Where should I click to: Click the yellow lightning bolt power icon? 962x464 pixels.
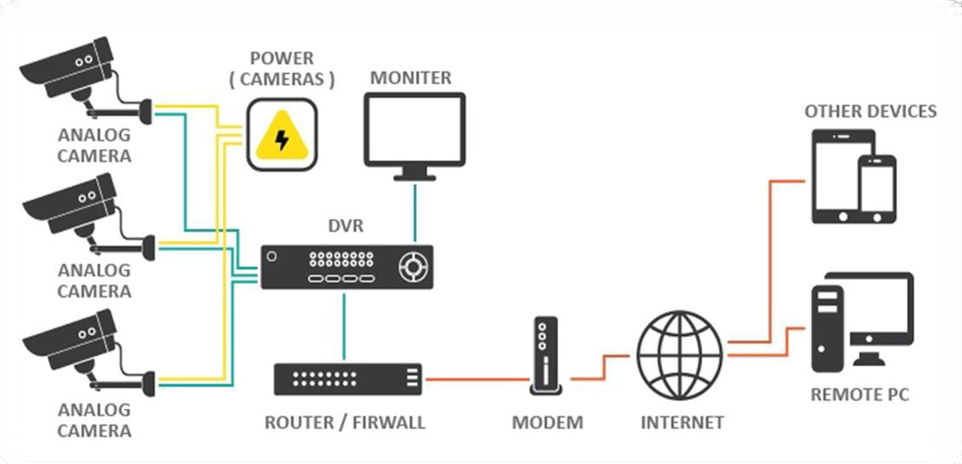pyautogui.click(x=281, y=136)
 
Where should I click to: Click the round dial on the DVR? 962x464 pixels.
pyautogui.click(x=413, y=267)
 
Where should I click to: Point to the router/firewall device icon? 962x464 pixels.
pyautogui.click(x=348, y=377)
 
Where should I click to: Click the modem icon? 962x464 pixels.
pyautogui.click(x=548, y=356)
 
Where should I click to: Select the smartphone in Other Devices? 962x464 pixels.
pyautogui.click(x=876, y=191)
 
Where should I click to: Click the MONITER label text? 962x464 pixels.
pyautogui.click(x=411, y=78)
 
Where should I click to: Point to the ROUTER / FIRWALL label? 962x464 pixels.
pyautogui.click(x=345, y=422)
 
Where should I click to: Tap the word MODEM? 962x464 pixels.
pyautogui.click(x=548, y=422)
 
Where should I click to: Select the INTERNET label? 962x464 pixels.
pyautogui.click(x=682, y=422)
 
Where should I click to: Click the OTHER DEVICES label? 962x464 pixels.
pyautogui.click(x=870, y=111)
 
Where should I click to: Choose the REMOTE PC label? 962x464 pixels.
pyautogui.click(x=860, y=395)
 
